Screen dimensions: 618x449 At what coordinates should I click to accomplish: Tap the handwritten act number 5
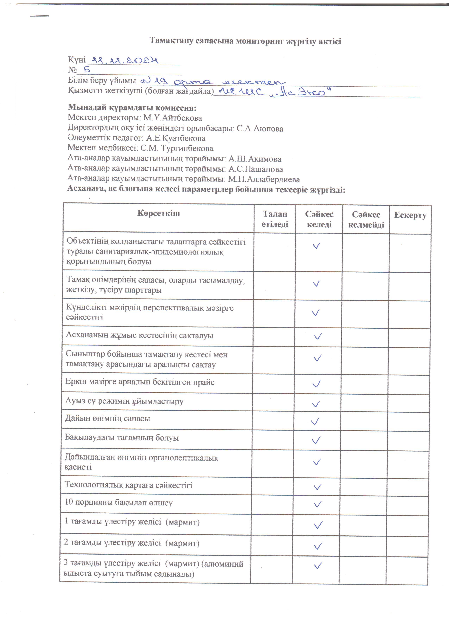point(87,70)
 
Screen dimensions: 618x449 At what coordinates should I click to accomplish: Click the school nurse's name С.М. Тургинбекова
point(177,149)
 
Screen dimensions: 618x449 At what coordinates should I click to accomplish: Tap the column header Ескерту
point(410,215)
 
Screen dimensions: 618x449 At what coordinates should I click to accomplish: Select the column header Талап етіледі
point(275,219)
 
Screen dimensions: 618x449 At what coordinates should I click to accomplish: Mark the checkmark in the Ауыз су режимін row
point(316,404)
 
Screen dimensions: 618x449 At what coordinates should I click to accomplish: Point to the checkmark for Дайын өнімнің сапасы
point(315,422)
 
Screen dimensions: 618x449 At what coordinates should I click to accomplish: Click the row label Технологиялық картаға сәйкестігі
point(129,485)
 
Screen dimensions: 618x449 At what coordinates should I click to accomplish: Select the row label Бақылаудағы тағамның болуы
point(122,438)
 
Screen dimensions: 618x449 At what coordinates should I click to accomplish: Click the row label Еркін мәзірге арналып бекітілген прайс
point(140,382)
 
